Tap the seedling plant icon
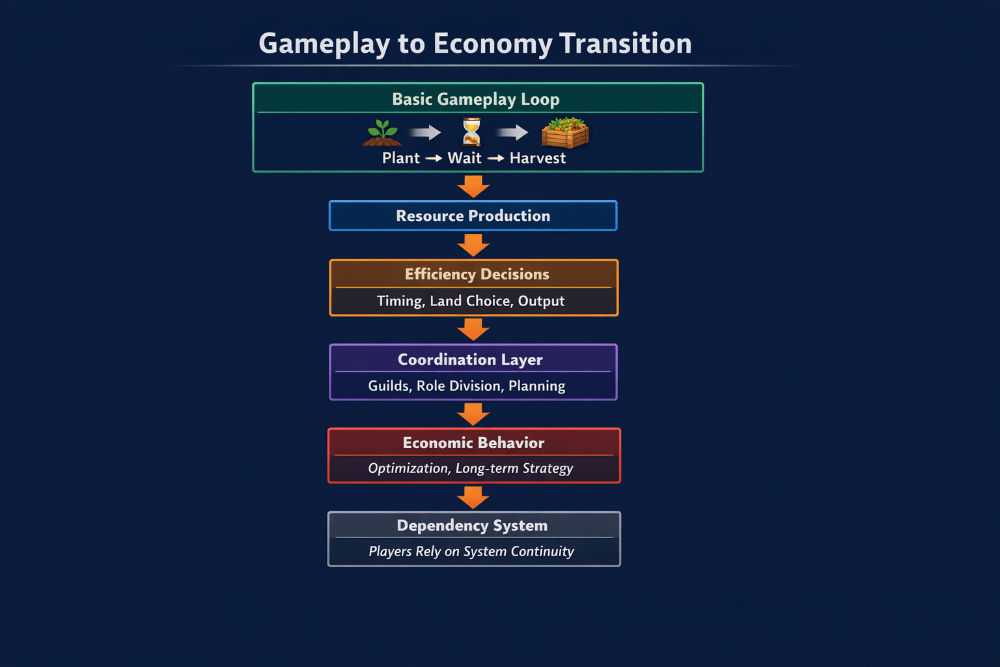tap(382, 132)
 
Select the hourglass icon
tap(471, 132)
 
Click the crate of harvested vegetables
tap(565, 132)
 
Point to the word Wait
tap(464, 158)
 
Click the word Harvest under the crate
tap(537, 158)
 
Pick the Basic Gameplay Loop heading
tap(476, 100)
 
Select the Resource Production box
tap(473, 216)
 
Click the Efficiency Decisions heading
tap(477, 274)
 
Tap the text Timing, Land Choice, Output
tap(471, 301)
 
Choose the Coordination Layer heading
tap(470, 360)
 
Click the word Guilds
tap(389, 386)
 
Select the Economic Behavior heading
tap(473, 443)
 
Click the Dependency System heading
tap(472, 526)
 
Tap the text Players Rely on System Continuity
tap(471, 552)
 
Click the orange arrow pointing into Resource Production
tap(473, 186)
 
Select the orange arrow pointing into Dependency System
tap(473, 498)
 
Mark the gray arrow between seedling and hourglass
tap(425, 133)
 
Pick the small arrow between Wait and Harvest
tap(496, 158)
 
